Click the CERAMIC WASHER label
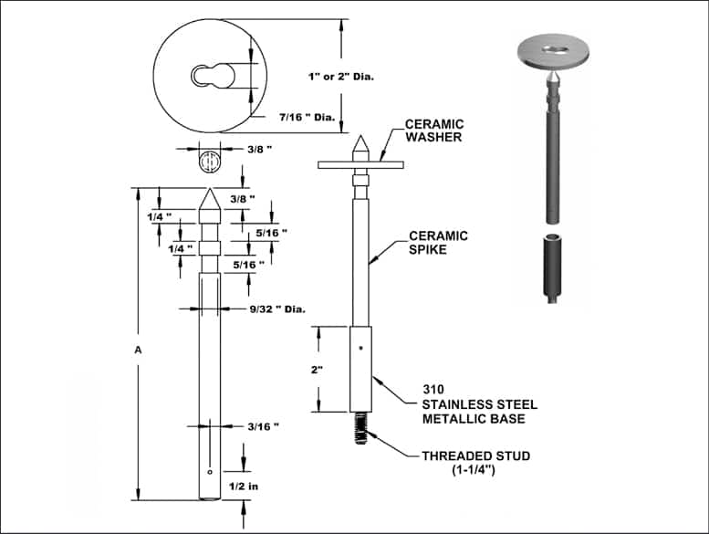[433, 131]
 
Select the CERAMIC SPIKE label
[437, 242]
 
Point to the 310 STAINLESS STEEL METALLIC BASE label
[478, 403]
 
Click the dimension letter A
[138, 349]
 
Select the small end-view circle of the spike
[210, 162]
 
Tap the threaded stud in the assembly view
[360, 427]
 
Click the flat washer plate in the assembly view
[360, 164]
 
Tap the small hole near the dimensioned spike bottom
[210, 472]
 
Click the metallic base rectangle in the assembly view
[360, 369]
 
